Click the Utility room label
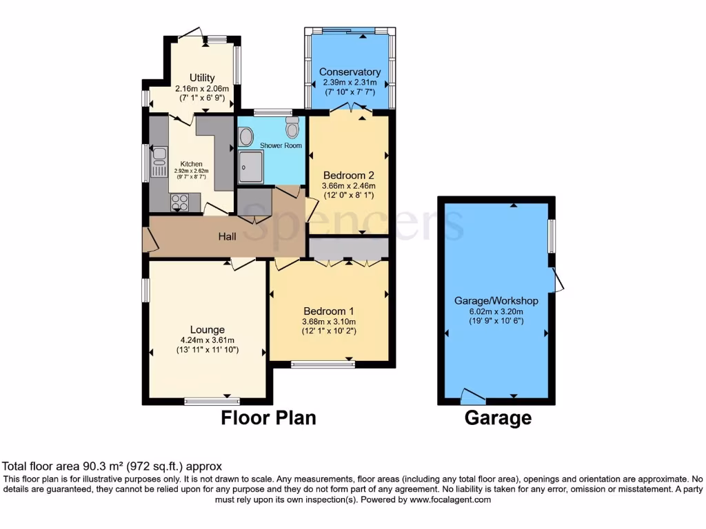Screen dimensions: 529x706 [202, 78]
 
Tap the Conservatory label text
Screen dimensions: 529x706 [350, 72]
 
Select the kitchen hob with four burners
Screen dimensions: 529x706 [180, 202]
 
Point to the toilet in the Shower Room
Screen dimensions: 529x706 [292, 128]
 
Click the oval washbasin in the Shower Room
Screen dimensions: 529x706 [245, 137]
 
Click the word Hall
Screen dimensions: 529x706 [228, 237]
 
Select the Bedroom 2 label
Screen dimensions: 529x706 [348, 175]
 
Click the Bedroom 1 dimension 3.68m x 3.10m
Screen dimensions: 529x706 [327, 321]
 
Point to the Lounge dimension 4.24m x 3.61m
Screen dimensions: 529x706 [208, 340]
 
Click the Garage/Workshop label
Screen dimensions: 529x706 [496, 301]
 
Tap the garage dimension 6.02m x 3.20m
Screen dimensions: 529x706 [496, 311]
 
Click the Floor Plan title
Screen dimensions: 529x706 [268, 417]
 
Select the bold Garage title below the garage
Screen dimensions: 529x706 [498, 417]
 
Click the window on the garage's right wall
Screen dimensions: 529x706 [552, 236]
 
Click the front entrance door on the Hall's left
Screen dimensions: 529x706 [148, 239]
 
